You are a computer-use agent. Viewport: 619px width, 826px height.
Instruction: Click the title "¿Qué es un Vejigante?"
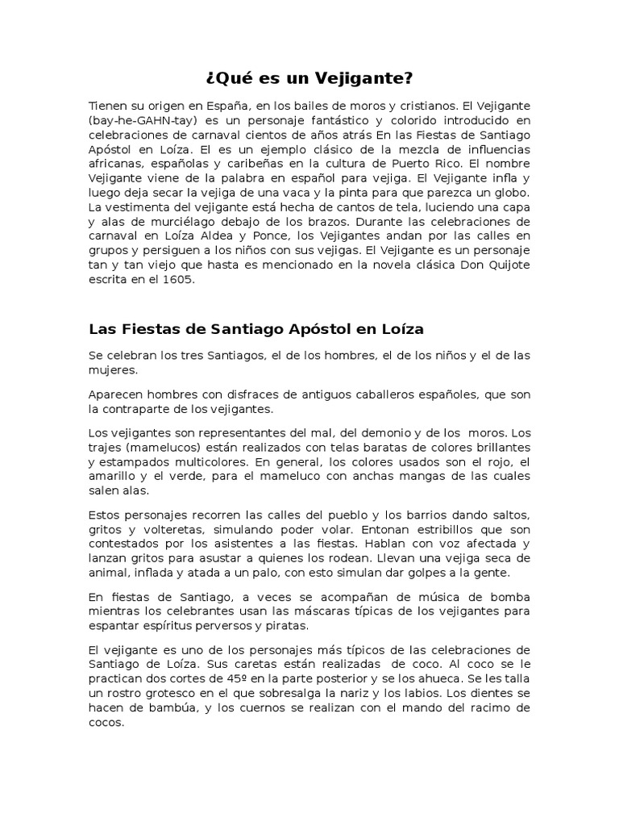[309, 78]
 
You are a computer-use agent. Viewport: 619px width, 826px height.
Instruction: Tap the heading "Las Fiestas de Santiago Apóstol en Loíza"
[256, 329]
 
